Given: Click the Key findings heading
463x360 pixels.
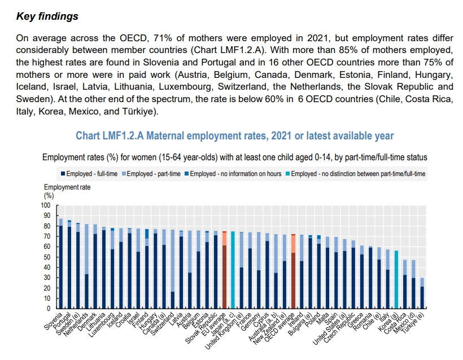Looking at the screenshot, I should [x=47, y=16].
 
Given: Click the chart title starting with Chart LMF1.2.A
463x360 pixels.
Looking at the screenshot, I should [x=234, y=136].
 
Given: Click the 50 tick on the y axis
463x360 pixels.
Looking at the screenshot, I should [x=48, y=257].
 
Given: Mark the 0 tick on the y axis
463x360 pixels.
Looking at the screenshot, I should [x=50, y=309].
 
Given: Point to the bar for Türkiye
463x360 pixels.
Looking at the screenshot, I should [x=422, y=293].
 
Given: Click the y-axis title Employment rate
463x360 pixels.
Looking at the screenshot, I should [x=67, y=187].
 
